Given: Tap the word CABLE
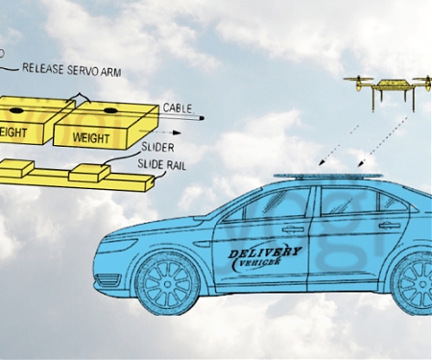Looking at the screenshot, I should pos(180,107).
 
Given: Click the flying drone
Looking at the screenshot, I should pos(389,85).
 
